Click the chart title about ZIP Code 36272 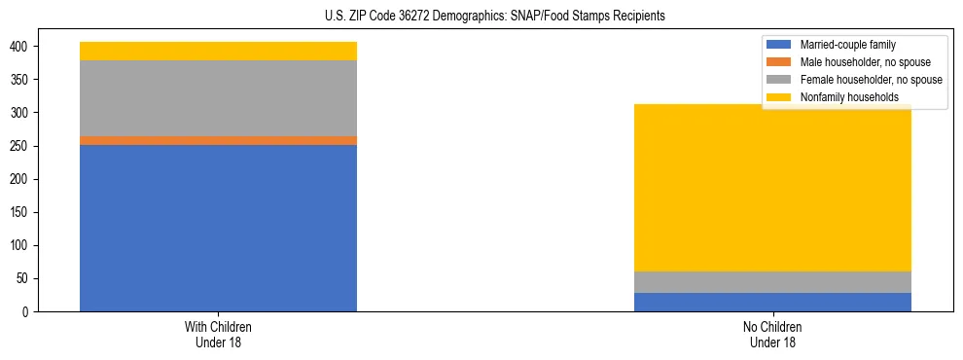(x=495, y=17)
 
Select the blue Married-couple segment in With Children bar (x=218, y=229)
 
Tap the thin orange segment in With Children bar (x=218, y=140)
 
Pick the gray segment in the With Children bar (x=218, y=98)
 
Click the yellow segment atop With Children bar (x=218, y=51)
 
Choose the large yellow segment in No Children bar (x=772, y=188)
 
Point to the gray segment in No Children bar (x=772, y=282)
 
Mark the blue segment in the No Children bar (x=772, y=302)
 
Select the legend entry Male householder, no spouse (x=865, y=62)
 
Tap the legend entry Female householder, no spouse (x=871, y=80)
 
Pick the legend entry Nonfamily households (x=848, y=97)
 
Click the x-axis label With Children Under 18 (x=218, y=334)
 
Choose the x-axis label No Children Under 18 (x=772, y=334)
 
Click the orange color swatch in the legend (x=779, y=62)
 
